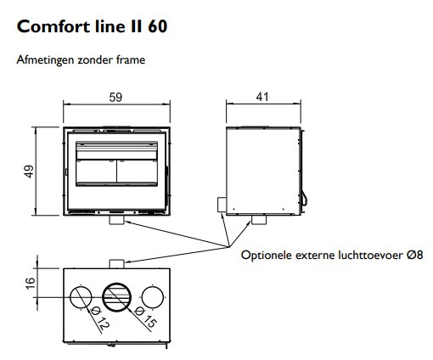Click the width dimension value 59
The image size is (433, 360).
[115, 98]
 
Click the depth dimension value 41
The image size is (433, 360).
[262, 97]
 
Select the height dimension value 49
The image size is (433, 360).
[29, 172]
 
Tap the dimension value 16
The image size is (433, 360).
[30, 284]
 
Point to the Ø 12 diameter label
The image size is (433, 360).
[100, 319]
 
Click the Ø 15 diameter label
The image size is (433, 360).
[145, 318]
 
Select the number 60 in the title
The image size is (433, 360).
[157, 26]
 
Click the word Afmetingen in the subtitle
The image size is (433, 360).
[46, 60]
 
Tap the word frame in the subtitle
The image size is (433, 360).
[131, 60]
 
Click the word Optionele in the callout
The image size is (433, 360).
[267, 255]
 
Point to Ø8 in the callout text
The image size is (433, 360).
[415, 255]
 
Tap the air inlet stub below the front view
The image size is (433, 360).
[116, 220]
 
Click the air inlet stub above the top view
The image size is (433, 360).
[116, 264]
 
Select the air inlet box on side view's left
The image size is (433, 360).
[222, 205]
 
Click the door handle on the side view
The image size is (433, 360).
[305, 199]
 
